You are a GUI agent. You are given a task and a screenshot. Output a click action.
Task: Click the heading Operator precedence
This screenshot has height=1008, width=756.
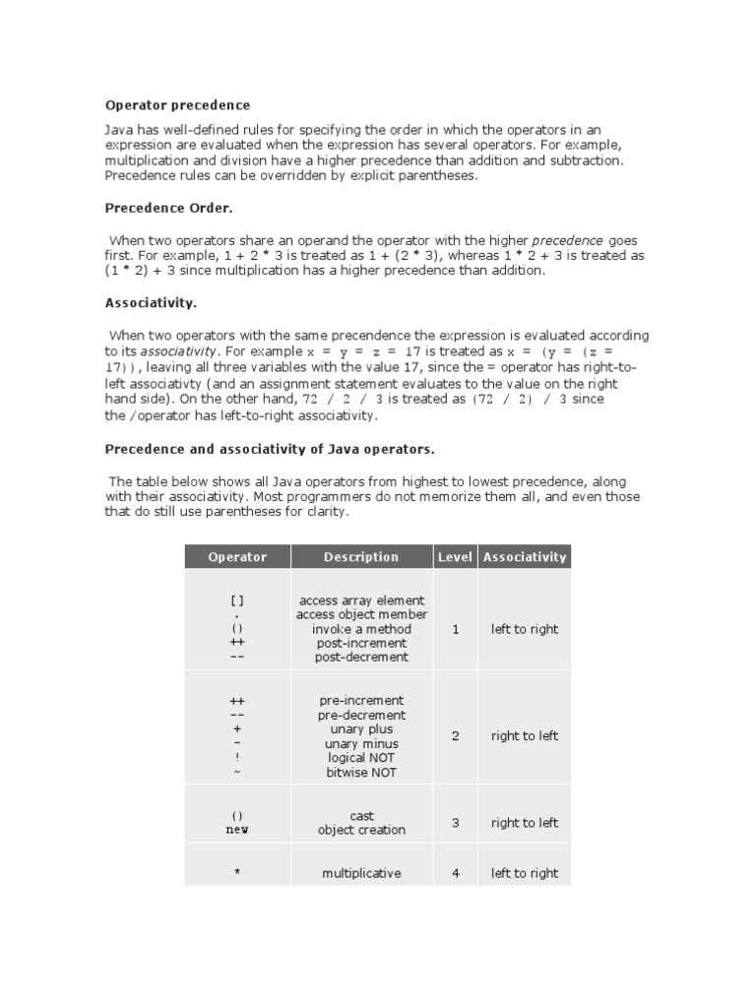(x=177, y=105)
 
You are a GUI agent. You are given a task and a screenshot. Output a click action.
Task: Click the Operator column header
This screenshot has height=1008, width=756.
(x=237, y=557)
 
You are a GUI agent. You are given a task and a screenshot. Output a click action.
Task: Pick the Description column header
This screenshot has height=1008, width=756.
(x=361, y=557)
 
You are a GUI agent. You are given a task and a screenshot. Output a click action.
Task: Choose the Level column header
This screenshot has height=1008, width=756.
(x=455, y=557)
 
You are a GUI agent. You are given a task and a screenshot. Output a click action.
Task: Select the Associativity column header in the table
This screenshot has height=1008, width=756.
(x=525, y=557)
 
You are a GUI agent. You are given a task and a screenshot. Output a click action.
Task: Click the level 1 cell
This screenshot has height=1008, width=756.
(x=455, y=629)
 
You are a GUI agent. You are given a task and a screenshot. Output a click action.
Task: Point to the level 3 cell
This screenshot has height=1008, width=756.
(x=455, y=823)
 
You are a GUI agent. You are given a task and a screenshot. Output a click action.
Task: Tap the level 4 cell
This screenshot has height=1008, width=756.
(x=455, y=873)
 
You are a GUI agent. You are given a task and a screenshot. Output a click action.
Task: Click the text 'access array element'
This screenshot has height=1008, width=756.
(x=361, y=600)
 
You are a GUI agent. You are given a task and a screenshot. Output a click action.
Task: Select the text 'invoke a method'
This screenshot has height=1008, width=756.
(x=361, y=629)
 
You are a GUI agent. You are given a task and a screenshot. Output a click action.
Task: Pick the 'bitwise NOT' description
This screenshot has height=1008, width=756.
(x=361, y=773)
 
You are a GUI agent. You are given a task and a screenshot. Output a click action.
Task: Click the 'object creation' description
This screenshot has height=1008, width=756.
(x=361, y=830)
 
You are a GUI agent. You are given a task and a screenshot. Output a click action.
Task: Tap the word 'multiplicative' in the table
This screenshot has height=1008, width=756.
(x=361, y=873)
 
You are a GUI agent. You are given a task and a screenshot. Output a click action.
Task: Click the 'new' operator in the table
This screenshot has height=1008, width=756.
(x=237, y=830)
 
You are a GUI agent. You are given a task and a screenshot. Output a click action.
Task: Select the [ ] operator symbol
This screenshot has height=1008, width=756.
(x=237, y=600)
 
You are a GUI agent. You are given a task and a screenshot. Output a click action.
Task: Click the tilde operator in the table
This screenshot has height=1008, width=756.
(x=237, y=773)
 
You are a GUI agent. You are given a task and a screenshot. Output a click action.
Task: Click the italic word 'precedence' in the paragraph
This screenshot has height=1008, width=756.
(x=567, y=240)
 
